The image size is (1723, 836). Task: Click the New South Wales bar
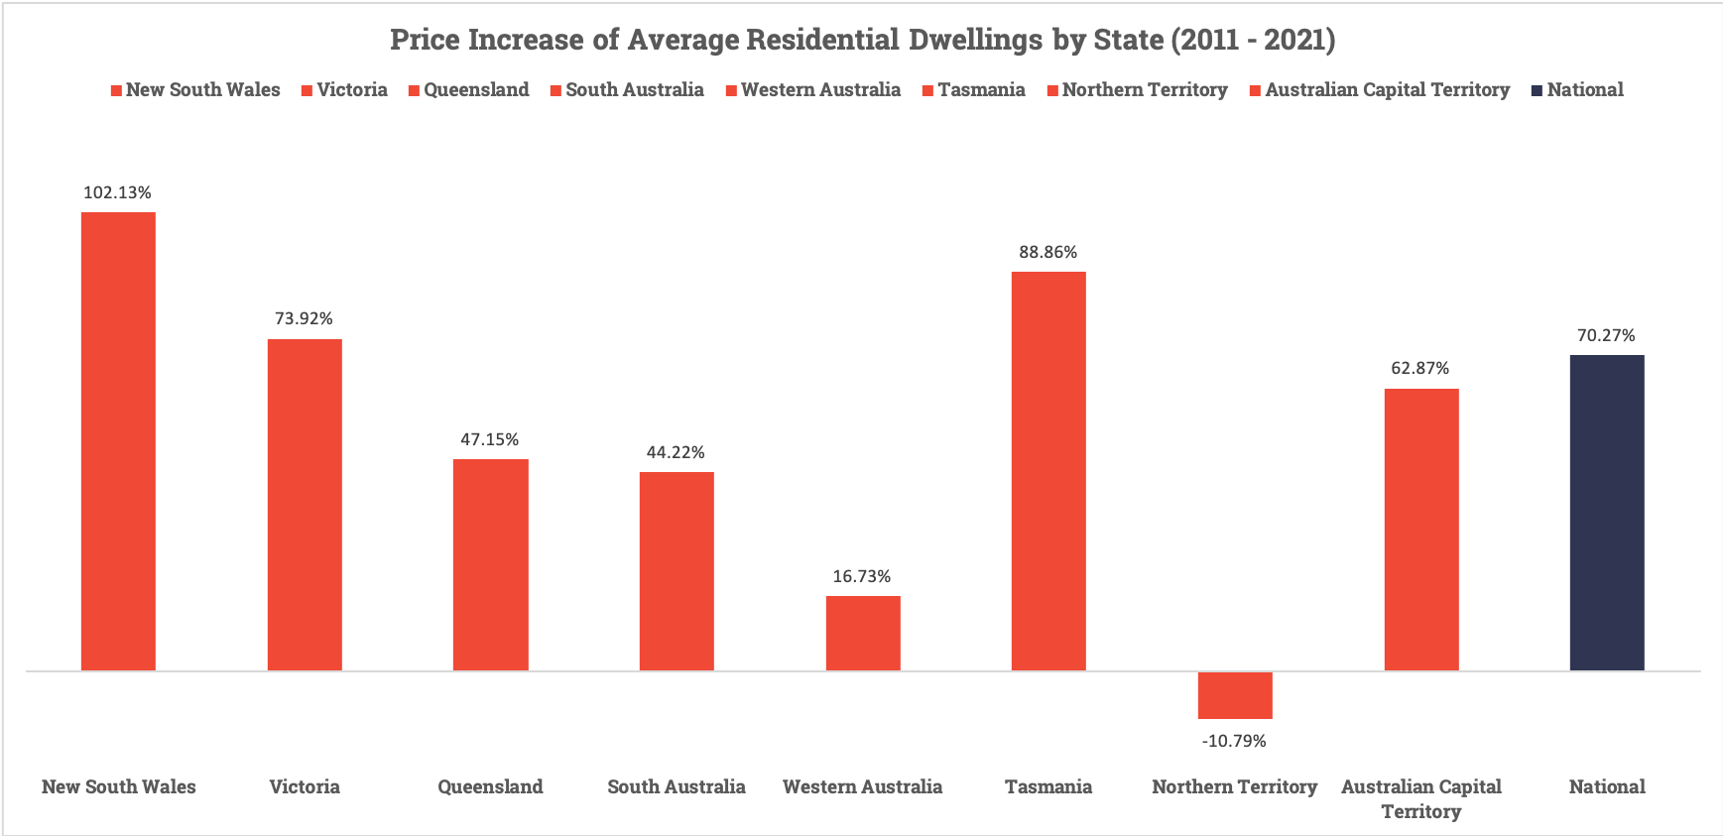[x=118, y=441]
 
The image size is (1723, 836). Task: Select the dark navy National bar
[x=1607, y=513]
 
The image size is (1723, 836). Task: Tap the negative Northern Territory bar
[x=1235, y=695]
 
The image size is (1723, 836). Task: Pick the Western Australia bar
[x=863, y=633]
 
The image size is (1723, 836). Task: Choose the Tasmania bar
[x=1048, y=471]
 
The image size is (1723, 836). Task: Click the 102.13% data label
[x=117, y=192]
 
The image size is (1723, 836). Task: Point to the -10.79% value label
[x=1234, y=741]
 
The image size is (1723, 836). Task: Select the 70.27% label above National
[x=1606, y=335]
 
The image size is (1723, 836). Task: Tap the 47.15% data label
[x=489, y=439]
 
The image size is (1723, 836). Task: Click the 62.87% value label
[x=1419, y=368]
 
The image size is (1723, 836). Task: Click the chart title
[x=862, y=40]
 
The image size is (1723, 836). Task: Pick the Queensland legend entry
[x=468, y=90]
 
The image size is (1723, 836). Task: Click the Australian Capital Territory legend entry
[x=1380, y=90]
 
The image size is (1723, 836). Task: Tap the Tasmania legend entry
[x=973, y=90]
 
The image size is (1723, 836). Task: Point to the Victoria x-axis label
[x=305, y=786]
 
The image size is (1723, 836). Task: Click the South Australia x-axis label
[x=677, y=786]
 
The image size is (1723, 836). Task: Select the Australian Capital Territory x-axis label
[x=1421, y=798]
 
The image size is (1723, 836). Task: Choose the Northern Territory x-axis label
[x=1235, y=786]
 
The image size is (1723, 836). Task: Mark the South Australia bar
[x=677, y=571]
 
